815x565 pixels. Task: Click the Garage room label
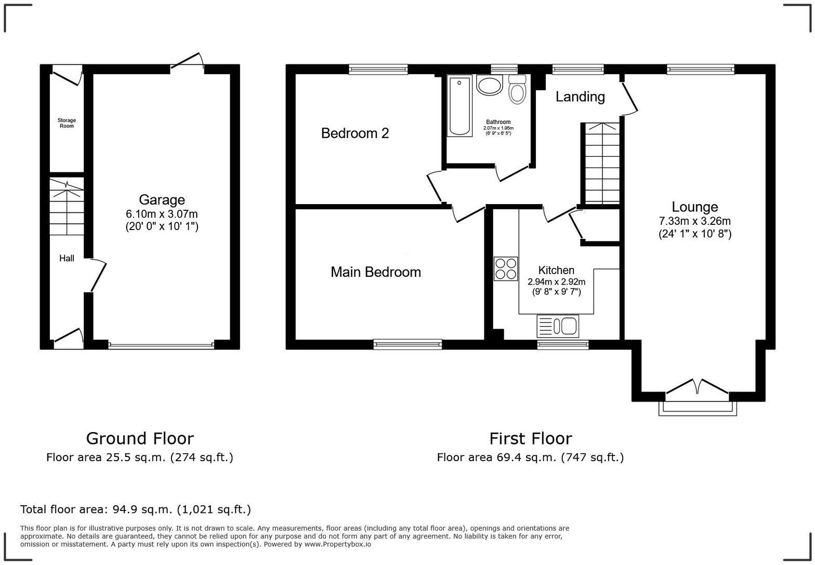pos(162,200)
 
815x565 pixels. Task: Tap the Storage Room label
pos(67,123)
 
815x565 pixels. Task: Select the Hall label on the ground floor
pos(67,258)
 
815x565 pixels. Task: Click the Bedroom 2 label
pos(355,133)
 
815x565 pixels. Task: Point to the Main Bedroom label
pos(376,272)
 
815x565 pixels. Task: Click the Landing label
pos(580,97)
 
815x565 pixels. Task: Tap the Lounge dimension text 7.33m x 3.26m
pos(695,221)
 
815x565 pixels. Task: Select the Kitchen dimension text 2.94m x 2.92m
pos(556,282)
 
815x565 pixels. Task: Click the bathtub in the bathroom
pos(460,106)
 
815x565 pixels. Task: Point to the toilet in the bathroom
pos(517,90)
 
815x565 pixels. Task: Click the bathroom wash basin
pos(489,85)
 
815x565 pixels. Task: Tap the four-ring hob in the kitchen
pos(506,269)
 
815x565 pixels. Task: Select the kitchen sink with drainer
pos(558,326)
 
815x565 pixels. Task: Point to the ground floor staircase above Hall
pos(67,207)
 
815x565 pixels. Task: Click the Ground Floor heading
pos(140,439)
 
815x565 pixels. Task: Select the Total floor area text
pos(136,509)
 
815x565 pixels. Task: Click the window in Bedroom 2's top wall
pos(378,69)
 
